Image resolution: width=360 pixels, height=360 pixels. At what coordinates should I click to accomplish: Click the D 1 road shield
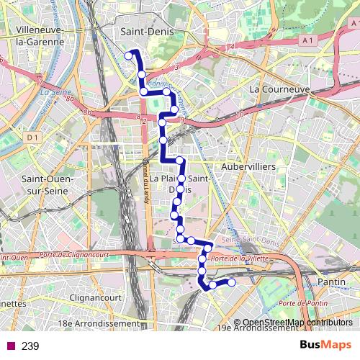pos(31,137)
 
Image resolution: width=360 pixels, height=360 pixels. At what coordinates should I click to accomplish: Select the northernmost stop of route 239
pos(130,55)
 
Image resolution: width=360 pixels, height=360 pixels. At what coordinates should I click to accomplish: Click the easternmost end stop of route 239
pos(231,282)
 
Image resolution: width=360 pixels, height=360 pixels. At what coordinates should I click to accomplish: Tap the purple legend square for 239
pos(10,346)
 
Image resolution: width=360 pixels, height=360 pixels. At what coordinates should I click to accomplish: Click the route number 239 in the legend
pos(30,346)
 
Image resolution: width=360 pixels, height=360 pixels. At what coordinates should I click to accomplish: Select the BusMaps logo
pos(325,345)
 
